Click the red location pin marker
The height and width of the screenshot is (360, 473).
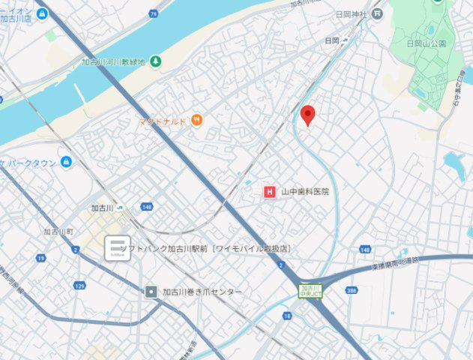point(307,115)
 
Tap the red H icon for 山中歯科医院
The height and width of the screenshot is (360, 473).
point(270,192)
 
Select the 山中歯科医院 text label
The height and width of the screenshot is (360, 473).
point(305,192)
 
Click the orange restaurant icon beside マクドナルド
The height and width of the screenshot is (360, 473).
point(196,119)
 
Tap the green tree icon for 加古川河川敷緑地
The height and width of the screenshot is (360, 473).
point(154,61)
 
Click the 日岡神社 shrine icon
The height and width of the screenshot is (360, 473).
point(377,13)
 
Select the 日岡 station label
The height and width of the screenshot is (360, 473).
point(333,40)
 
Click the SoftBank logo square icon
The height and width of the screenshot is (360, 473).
point(117,248)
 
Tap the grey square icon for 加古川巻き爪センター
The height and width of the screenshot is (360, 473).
point(151,291)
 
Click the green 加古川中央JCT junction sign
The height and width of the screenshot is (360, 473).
point(310,289)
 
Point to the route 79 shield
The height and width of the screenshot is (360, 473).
point(153,13)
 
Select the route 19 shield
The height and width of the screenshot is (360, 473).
point(40,258)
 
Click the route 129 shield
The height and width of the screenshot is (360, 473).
point(80,286)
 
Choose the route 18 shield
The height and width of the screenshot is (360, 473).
point(287,316)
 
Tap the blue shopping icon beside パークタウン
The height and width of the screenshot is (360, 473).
point(67,161)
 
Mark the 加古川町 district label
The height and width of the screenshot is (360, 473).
point(58,232)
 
